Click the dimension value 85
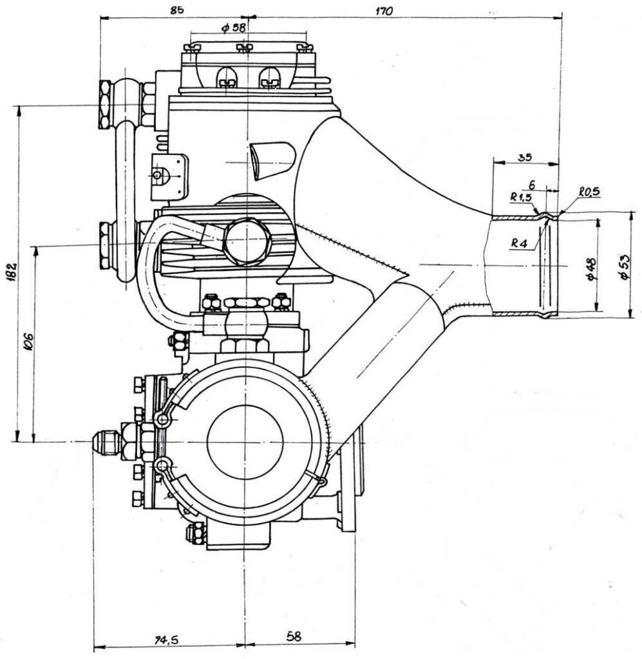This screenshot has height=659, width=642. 177,10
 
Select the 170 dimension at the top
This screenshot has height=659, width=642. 383,11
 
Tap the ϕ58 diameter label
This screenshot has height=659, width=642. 233,28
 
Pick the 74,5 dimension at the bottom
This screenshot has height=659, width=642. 167,640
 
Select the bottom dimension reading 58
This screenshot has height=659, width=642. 294,636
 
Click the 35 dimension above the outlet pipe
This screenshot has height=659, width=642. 524,157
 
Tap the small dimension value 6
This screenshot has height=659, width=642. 532,185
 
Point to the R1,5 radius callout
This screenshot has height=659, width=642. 521,197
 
